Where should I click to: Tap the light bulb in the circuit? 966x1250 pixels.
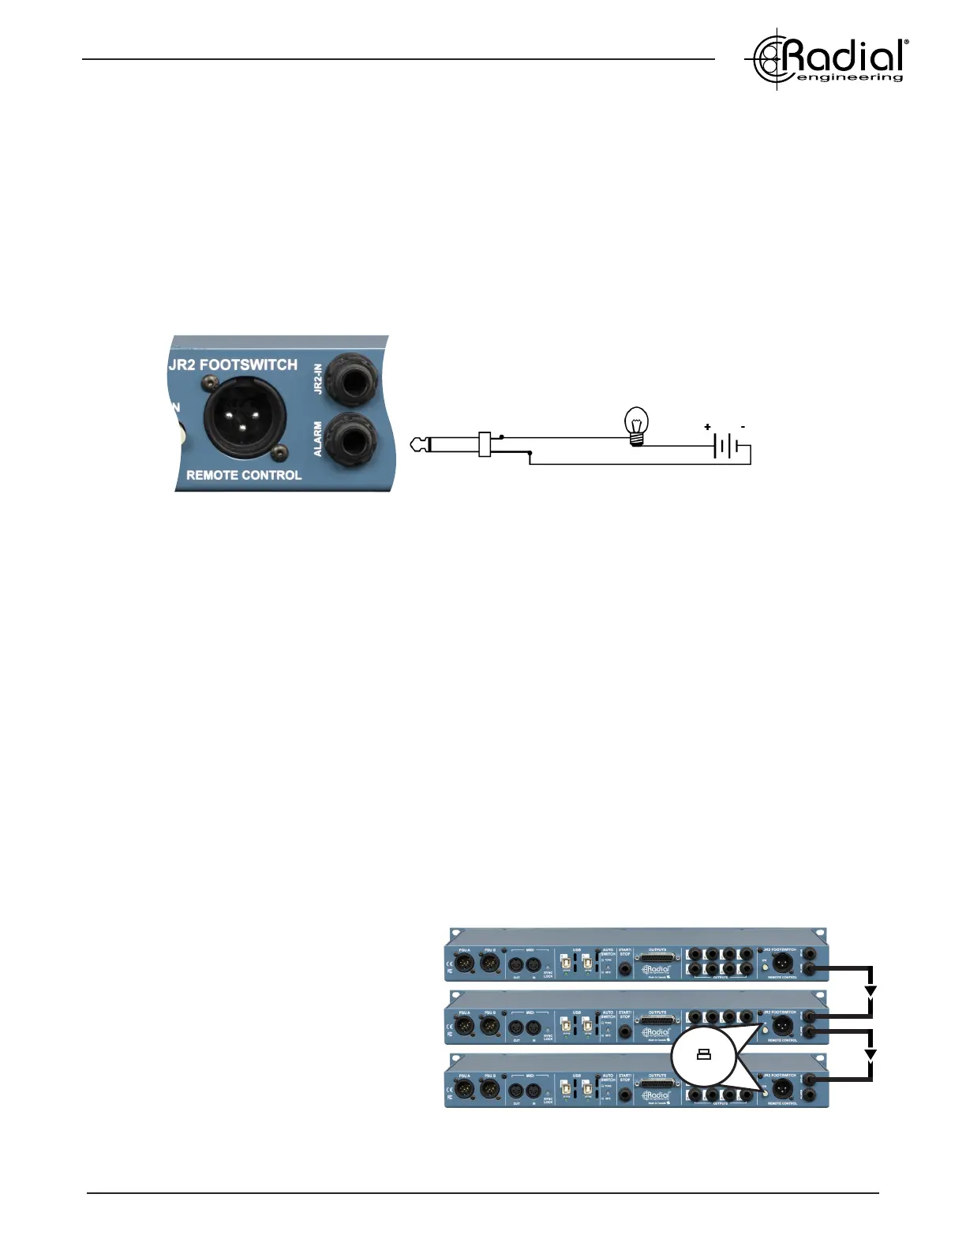pyautogui.click(x=636, y=425)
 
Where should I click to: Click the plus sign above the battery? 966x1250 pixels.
pyautogui.click(x=707, y=427)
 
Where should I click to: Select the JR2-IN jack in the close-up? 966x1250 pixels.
pyautogui.click(x=357, y=377)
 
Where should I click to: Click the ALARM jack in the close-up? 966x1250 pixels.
pyautogui.click(x=357, y=438)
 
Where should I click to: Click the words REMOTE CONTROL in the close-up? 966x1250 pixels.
pyautogui.click(x=244, y=475)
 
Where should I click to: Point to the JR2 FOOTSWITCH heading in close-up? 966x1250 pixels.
pyautogui.click(x=233, y=365)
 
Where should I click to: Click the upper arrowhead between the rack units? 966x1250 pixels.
pyautogui.click(x=871, y=992)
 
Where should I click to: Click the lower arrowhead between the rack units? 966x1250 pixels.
pyautogui.click(x=871, y=1055)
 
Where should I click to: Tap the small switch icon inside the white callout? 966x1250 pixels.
pyautogui.click(x=704, y=1055)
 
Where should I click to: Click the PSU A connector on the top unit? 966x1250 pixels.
pyautogui.click(x=466, y=963)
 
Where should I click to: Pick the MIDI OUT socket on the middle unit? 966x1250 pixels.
pyautogui.click(x=517, y=1027)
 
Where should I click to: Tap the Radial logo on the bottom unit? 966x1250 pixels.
pyautogui.click(x=657, y=1095)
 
